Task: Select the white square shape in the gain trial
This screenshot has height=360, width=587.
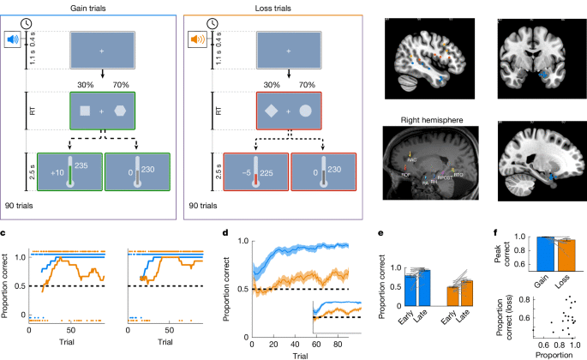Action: [x=85, y=111]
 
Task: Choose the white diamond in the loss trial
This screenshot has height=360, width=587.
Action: [x=270, y=111]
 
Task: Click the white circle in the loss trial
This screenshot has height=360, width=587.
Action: [x=307, y=111]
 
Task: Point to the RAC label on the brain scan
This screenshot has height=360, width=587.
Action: [x=413, y=159]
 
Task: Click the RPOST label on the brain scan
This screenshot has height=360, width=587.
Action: [x=444, y=177]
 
